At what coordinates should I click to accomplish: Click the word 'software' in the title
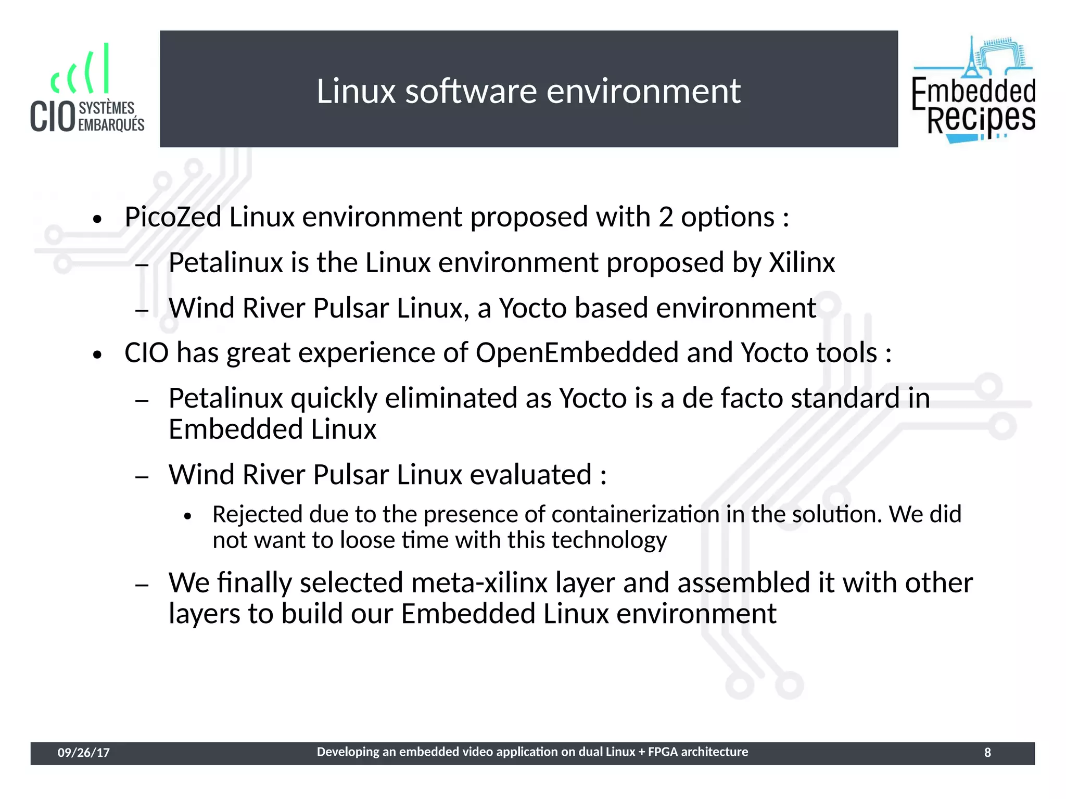pos(471,92)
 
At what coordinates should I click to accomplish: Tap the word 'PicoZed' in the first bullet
pos(173,217)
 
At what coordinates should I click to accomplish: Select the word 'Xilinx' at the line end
pos(802,262)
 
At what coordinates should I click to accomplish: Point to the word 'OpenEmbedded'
pos(577,353)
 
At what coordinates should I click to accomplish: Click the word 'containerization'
pos(635,514)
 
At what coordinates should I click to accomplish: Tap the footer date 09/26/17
pos(83,753)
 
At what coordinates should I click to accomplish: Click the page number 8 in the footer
pos(987,753)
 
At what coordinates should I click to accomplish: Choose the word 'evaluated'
pos(531,475)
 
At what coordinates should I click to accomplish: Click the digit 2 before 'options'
pos(666,217)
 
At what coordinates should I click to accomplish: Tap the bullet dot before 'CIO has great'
pos(97,356)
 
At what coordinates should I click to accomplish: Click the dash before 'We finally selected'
pos(142,585)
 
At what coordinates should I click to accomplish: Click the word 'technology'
pos(609,540)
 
